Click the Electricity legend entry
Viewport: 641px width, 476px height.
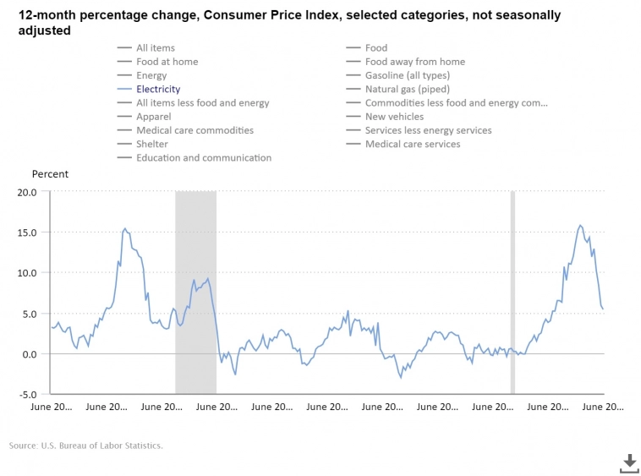[158, 89]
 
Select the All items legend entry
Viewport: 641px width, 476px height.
[156, 48]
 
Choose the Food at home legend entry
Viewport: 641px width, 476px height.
[167, 62]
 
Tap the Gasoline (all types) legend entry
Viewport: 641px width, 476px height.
[408, 75]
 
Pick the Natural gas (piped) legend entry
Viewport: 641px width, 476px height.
[408, 89]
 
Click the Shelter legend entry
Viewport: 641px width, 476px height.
[152, 144]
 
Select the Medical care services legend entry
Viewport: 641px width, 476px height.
[413, 144]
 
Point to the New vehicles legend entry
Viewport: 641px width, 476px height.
[394, 117]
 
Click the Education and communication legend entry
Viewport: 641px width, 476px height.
[204, 157]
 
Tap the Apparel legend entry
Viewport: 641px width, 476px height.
[154, 117]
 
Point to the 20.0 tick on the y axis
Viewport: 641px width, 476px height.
[27, 192]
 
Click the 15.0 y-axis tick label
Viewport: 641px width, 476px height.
[27, 233]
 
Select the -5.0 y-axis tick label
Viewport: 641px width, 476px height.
[27, 394]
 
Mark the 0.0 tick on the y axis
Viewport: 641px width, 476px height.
[30, 354]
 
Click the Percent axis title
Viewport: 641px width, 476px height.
[50, 174]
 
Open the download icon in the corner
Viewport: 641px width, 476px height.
[629, 462]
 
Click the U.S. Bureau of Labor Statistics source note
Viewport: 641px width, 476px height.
[85, 446]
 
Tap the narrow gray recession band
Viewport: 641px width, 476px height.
[512, 292]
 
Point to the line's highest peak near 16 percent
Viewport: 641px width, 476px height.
[580, 226]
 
